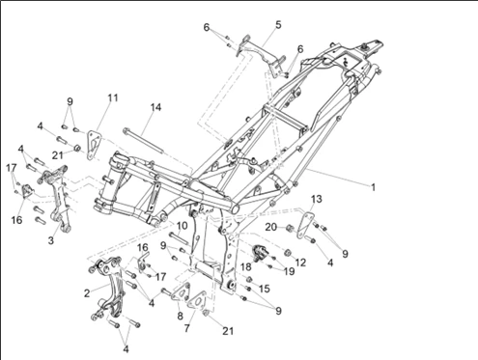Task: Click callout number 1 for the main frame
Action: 373,187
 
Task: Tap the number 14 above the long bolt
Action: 155,107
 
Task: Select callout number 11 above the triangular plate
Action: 113,97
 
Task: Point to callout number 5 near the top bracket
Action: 278,25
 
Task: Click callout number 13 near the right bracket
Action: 317,199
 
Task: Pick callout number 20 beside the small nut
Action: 270,227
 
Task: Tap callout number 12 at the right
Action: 300,263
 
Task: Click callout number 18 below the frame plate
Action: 246,266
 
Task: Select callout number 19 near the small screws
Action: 290,271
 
